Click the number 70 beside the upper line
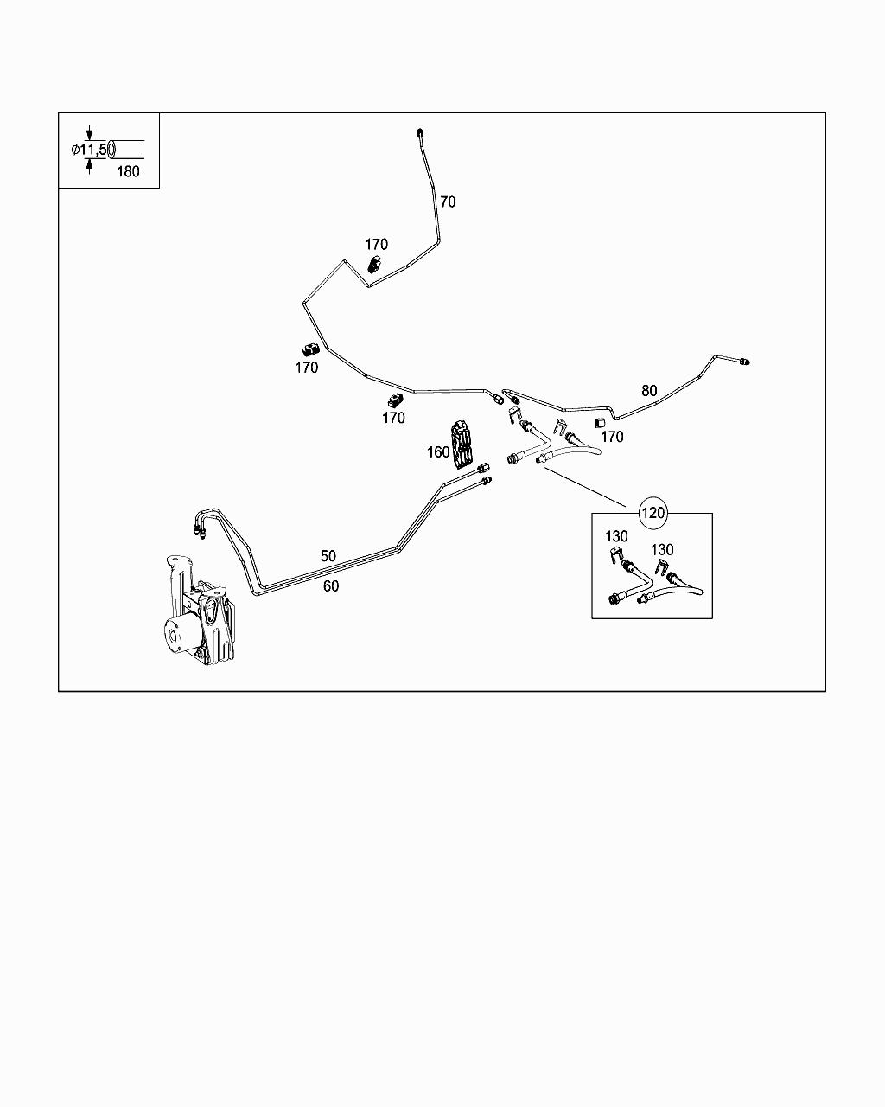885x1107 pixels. (x=448, y=202)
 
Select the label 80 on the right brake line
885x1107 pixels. (x=649, y=391)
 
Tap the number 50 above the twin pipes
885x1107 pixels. (x=328, y=556)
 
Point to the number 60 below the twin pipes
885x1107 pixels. (x=331, y=586)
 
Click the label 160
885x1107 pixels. (x=438, y=451)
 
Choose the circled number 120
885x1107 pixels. (x=653, y=513)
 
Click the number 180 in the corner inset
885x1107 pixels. (x=128, y=171)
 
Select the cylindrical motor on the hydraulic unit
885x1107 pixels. (x=180, y=638)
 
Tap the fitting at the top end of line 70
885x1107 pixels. (x=420, y=132)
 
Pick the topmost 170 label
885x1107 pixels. (x=376, y=245)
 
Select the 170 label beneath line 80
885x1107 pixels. (x=611, y=437)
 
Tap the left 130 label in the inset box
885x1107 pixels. (x=616, y=537)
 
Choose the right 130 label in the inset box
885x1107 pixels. (x=662, y=550)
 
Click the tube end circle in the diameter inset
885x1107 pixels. (x=111, y=150)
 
